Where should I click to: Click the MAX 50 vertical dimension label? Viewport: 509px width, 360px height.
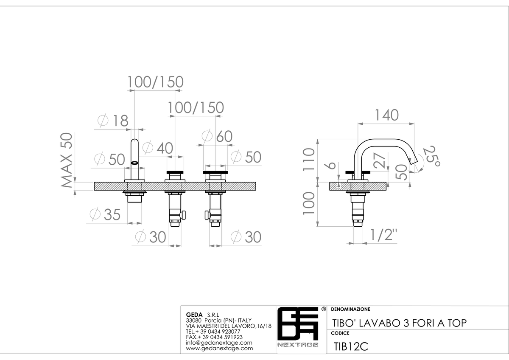67,160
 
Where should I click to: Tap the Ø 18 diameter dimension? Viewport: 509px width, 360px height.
113,121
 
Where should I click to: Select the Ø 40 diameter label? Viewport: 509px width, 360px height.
158,148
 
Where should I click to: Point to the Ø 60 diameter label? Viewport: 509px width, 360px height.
217,136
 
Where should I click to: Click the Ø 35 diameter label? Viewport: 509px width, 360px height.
105,214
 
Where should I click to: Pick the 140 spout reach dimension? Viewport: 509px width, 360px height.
386,115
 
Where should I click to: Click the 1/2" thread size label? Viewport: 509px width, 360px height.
383,235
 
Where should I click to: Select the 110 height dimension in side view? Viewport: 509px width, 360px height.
309,159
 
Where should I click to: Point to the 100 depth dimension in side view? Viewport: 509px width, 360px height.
309,203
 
